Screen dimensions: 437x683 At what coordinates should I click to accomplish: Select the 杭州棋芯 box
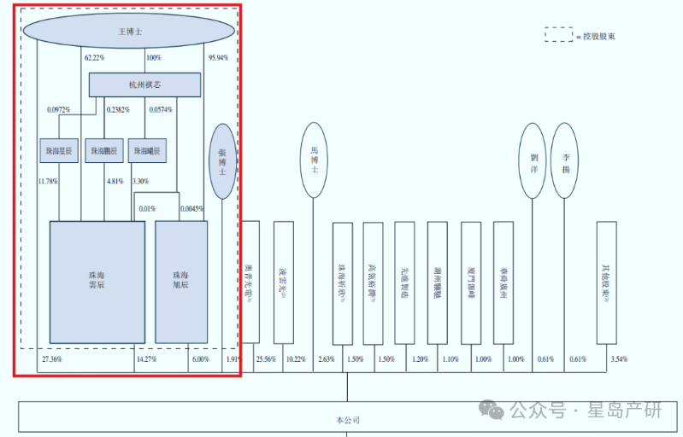[x=144, y=84]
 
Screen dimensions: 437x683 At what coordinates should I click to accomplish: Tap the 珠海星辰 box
[x=58, y=151]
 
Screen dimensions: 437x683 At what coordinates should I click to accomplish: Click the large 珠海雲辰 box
[x=97, y=282]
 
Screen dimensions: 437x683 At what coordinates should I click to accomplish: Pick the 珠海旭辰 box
[x=180, y=282]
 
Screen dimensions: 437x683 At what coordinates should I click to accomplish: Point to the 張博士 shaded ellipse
[x=222, y=161]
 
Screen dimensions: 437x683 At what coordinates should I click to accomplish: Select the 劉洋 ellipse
[x=533, y=160]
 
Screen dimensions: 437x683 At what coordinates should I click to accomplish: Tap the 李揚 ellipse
[x=564, y=160]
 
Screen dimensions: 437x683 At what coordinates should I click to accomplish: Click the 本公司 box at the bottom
[x=348, y=420]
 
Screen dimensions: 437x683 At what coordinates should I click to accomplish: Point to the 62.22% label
[x=94, y=58]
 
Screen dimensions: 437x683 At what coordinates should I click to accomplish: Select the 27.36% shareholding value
[x=52, y=359]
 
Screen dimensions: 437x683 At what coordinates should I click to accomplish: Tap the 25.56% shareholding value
[x=265, y=359]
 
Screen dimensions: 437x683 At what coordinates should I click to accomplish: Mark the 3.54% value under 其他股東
[x=616, y=359]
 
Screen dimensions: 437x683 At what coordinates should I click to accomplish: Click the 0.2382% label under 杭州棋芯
[x=118, y=110]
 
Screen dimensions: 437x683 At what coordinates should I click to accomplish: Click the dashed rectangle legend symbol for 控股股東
[x=559, y=35]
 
